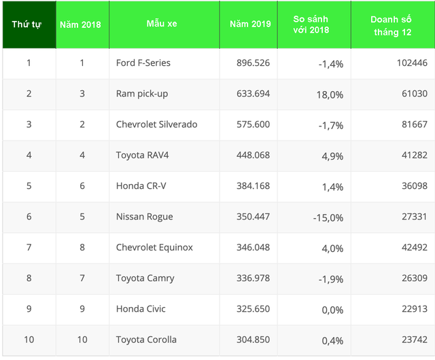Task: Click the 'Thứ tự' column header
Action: (x=27, y=24)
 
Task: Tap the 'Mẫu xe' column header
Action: (x=162, y=24)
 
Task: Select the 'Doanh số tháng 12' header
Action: (x=392, y=25)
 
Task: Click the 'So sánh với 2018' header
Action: (x=314, y=25)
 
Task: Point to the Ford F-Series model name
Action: (x=143, y=63)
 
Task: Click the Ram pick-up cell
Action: (x=142, y=94)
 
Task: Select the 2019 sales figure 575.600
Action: (x=249, y=124)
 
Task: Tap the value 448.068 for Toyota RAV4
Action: (x=249, y=155)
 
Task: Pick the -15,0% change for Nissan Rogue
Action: (x=328, y=217)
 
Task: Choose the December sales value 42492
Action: (x=413, y=248)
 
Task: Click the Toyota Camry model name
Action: (x=145, y=278)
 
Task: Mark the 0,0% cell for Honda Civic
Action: (x=332, y=310)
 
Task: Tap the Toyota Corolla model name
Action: (x=146, y=340)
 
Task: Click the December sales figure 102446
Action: (x=411, y=63)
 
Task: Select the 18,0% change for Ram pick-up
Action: (x=330, y=94)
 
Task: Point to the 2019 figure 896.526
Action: (x=249, y=63)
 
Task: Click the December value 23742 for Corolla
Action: (x=413, y=340)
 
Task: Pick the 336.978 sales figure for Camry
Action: (x=249, y=278)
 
